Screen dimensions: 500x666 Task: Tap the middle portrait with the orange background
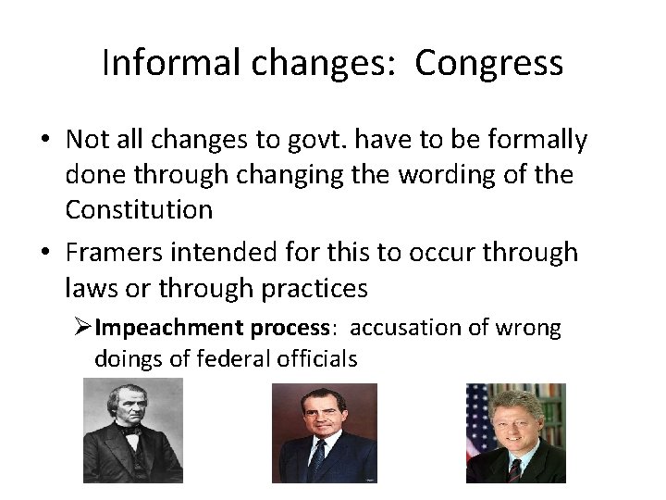[324, 433]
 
